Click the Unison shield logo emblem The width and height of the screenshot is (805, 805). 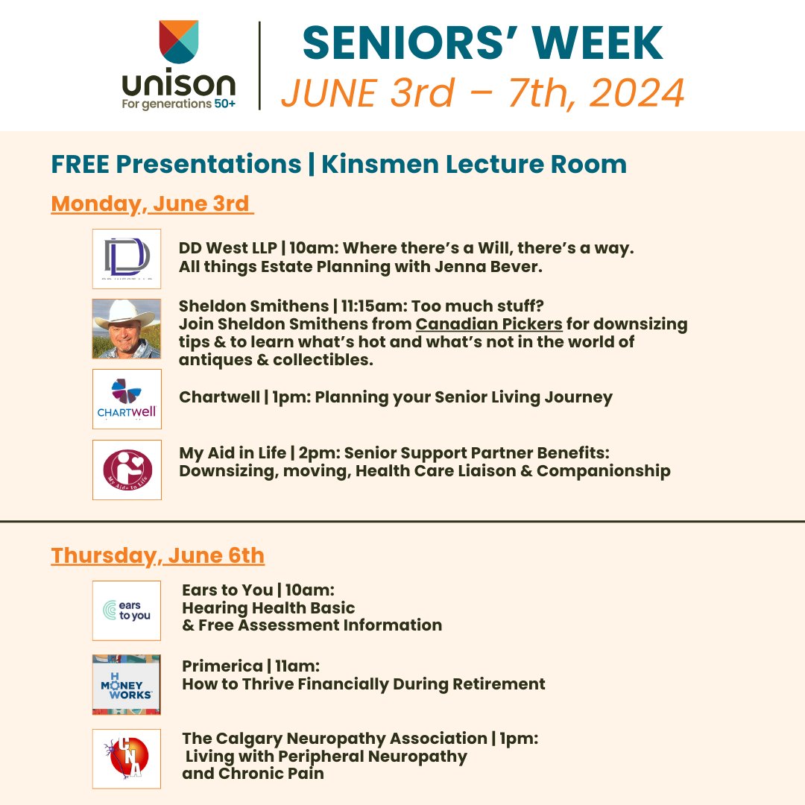pos(179,42)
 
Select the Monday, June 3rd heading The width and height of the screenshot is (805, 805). pos(152,203)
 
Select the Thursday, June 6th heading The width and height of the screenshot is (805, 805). pos(157,555)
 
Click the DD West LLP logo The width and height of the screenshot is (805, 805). pos(127,259)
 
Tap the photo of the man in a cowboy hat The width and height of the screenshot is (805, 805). pos(127,329)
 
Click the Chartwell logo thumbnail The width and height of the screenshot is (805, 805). pos(127,399)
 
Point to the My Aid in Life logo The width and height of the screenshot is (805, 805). pos(127,470)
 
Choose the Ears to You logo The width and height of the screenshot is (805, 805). pos(127,610)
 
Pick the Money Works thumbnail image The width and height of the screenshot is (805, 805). pos(127,684)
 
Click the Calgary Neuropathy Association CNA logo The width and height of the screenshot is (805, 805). pos(127,758)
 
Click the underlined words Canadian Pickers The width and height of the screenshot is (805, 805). pos(489,324)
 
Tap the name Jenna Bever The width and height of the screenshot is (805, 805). pos(515,267)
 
